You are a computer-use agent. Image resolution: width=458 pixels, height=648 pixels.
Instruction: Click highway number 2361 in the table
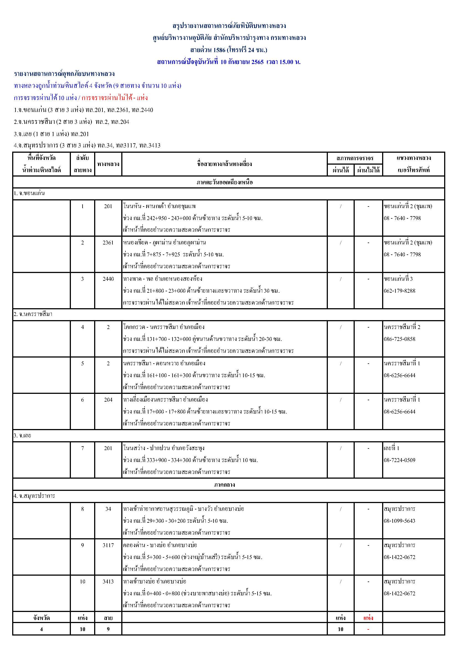pyautogui.click(x=108, y=243)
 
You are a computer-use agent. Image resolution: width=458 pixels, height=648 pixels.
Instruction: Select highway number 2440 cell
pyautogui.click(x=108, y=279)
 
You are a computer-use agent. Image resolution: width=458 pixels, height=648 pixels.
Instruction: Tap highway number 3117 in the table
pyautogui.click(x=108, y=545)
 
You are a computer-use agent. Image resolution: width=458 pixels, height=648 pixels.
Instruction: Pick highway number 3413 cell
pyautogui.click(x=108, y=581)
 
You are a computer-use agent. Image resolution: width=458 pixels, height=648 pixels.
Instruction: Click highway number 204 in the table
pyautogui.click(x=108, y=400)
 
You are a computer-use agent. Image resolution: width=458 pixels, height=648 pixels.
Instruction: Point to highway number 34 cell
pyautogui.click(x=108, y=509)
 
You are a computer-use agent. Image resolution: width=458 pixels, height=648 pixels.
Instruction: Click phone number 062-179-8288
pyautogui.click(x=399, y=291)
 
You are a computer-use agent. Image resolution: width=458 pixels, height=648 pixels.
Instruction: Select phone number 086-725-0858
pyautogui.click(x=399, y=339)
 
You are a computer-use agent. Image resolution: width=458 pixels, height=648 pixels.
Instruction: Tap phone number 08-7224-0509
pyautogui.click(x=399, y=460)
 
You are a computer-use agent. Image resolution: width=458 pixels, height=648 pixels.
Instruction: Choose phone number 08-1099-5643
pyautogui.click(x=399, y=521)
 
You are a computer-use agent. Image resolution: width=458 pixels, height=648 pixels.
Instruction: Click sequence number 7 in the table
pyautogui.click(x=82, y=448)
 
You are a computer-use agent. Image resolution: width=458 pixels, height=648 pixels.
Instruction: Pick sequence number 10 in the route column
pyautogui.click(x=82, y=581)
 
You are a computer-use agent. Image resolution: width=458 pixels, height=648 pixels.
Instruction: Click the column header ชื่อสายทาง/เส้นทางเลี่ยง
pyautogui.click(x=224, y=164)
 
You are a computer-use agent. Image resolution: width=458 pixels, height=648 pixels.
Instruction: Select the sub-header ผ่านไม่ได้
pyautogui.click(x=368, y=170)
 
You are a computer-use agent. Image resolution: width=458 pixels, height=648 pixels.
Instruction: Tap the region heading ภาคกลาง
pyautogui.click(x=224, y=484)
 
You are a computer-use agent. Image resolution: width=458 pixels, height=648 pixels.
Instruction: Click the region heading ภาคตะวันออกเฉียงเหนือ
pyautogui.click(x=224, y=182)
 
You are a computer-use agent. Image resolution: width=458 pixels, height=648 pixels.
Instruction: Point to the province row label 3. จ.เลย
pyautogui.click(x=22, y=435)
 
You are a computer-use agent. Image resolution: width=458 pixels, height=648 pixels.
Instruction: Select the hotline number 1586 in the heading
pyautogui.click(x=219, y=50)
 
